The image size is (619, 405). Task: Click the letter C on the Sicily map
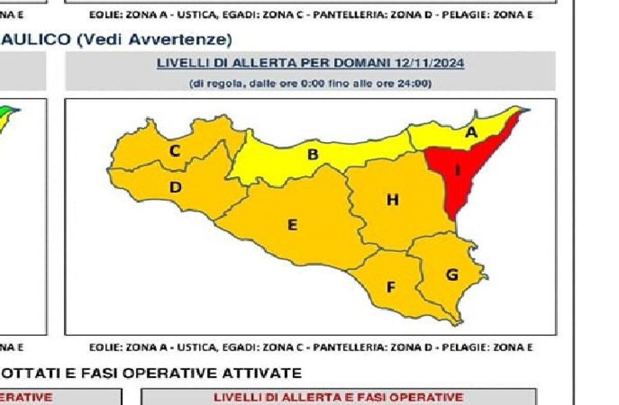click(175, 151)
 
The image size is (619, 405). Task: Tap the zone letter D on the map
click(175, 188)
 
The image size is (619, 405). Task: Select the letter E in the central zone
click(292, 225)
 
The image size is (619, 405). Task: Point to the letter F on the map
click(391, 287)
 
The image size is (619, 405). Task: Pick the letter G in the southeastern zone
click(452, 275)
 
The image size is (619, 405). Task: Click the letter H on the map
click(393, 199)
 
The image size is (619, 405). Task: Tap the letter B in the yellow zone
click(313, 154)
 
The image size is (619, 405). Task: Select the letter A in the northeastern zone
click(471, 132)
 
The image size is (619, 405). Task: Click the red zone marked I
click(457, 170)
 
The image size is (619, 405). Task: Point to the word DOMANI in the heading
click(361, 63)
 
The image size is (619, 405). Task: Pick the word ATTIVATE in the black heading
click(261, 373)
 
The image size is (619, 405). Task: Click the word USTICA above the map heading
click(198, 15)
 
